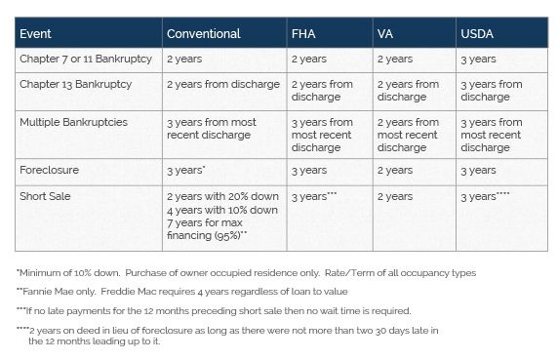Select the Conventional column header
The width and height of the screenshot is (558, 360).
click(x=203, y=34)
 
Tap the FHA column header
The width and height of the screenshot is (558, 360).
click(x=302, y=34)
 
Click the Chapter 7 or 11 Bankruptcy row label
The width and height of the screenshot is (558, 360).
click(x=85, y=60)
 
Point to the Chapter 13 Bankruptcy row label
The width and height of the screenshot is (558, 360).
click(x=75, y=85)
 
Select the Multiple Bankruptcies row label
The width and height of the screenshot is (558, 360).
click(x=73, y=123)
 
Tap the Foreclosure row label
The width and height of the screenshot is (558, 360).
click(x=49, y=170)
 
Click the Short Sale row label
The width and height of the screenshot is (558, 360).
click(x=44, y=196)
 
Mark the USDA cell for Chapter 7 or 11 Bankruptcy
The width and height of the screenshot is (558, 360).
click(x=478, y=60)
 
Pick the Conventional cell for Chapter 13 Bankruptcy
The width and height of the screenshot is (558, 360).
click(x=222, y=85)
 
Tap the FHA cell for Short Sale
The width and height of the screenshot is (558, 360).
click(x=313, y=196)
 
